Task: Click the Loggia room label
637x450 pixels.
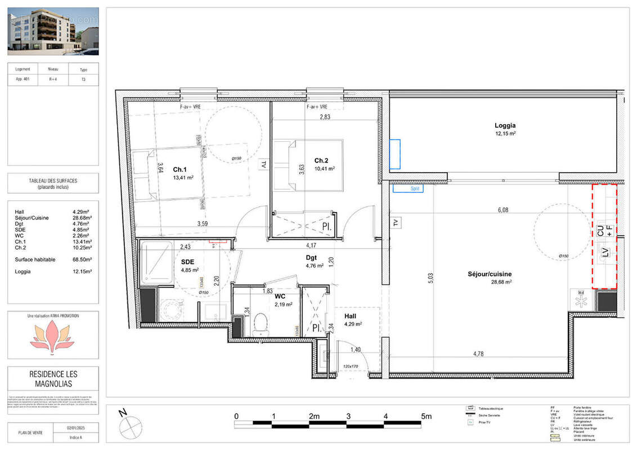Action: pyautogui.click(x=505, y=126)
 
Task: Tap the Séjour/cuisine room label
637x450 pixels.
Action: pyautogui.click(x=489, y=274)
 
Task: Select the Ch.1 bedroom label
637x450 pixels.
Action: pyautogui.click(x=180, y=170)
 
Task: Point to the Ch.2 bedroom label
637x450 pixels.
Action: pyautogui.click(x=321, y=160)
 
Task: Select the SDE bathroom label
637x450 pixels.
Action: pyautogui.click(x=187, y=262)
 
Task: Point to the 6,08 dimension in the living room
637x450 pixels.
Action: pyautogui.click(x=503, y=210)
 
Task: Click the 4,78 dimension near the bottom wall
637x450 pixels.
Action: pyautogui.click(x=478, y=354)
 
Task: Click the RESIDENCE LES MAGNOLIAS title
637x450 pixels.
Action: pyautogui.click(x=53, y=379)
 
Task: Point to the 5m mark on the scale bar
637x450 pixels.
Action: pyautogui.click(x=426, y=417)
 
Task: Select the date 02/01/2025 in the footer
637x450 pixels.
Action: pyautogui.click(x=75, y=429)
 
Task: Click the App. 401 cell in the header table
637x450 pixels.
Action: pyautogui.click(x=23, y=80)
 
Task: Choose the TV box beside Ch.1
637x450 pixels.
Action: pyautogui.click(x=262, y=165)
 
